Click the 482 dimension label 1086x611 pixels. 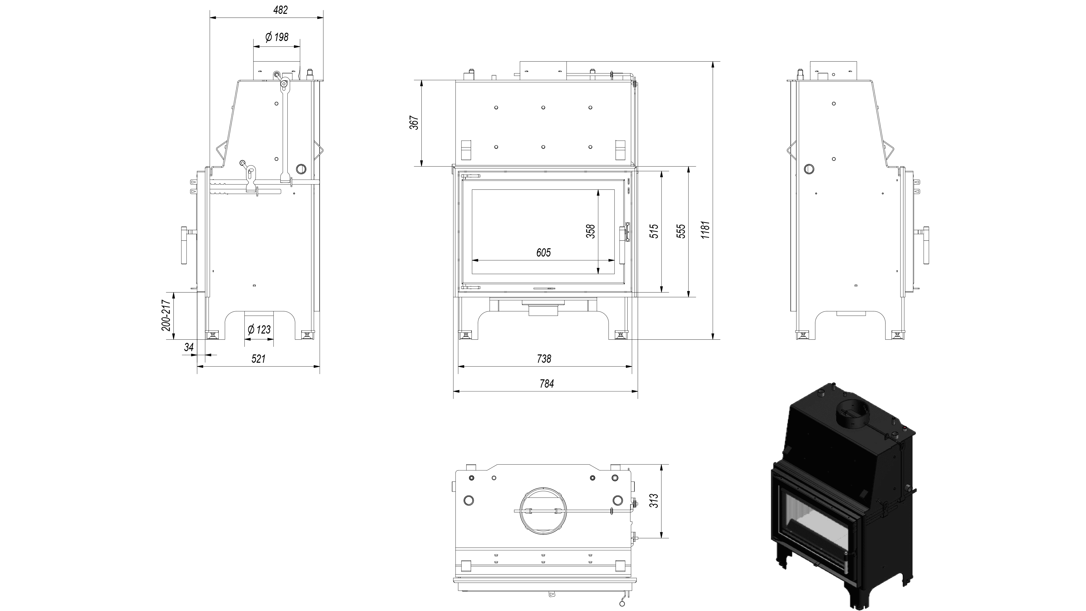[280, 10]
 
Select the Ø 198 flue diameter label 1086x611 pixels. [277, 37]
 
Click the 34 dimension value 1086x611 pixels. [189, 347]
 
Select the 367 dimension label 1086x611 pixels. [414, 123]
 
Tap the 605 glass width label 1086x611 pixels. [543, 253]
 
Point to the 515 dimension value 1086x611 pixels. [654, 231]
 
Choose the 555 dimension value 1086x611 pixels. [681, 231]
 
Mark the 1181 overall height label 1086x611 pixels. [705, 230]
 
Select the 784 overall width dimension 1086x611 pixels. [546, 384]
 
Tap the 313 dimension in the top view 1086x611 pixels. [654, 501]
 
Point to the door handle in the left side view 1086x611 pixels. [185, 246]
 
